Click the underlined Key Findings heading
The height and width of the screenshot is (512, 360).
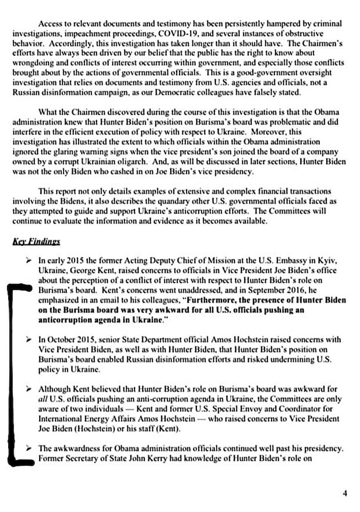click(x=36, y=241)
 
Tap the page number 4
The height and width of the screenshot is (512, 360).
click(x=345, y=493)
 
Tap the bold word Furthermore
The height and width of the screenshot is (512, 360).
click(x=210, y=300)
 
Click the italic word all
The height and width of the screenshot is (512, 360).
click(x=43, y=399)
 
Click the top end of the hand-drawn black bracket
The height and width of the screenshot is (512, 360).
click(x=20, y=289)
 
